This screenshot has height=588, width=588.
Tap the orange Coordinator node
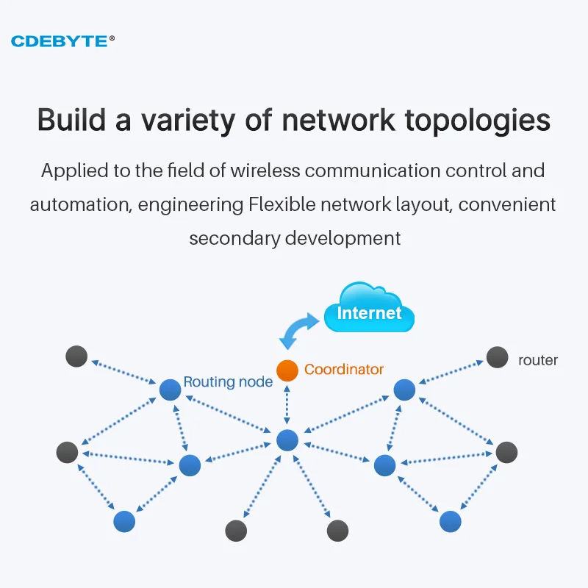tap(287, 370)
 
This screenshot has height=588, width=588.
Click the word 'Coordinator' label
tap(344, 370)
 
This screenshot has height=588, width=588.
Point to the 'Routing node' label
tap(228, 382)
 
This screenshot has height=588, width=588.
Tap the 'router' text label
tap(538, 360)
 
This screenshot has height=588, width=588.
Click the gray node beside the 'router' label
tap(498, 358)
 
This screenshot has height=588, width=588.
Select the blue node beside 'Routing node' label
tap(170, 390)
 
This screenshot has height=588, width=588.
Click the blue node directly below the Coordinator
tap(287, 440)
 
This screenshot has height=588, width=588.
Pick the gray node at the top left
tap(76, 356)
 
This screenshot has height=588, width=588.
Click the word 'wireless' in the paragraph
tap(265, 171)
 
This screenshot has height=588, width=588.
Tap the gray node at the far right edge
tap(506, 452)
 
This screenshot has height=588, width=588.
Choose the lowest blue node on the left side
tap(124, 521)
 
